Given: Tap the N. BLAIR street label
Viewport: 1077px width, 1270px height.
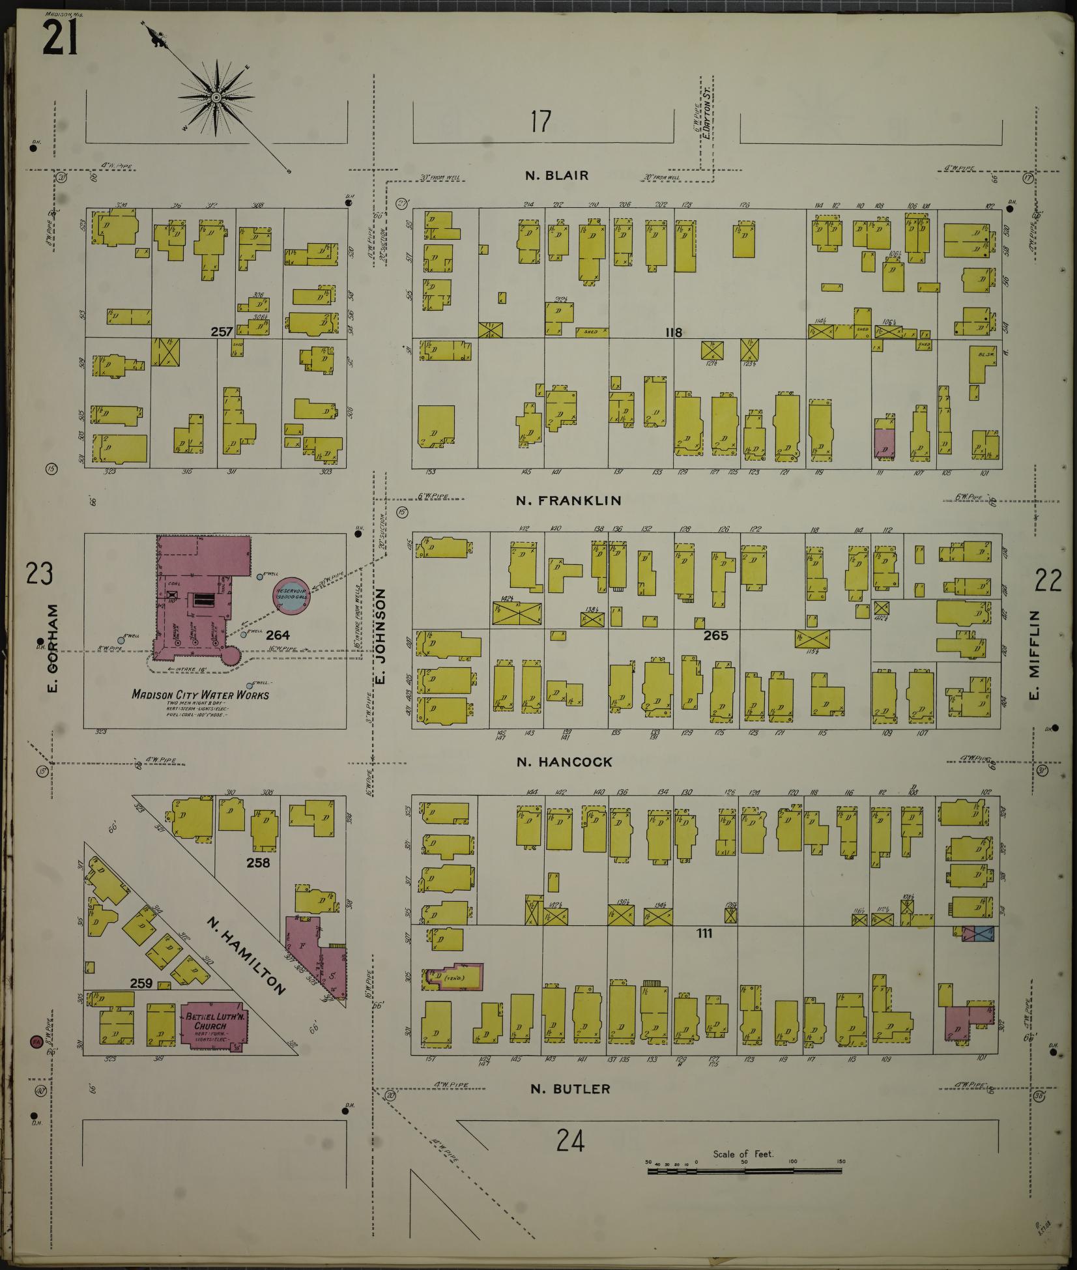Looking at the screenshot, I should point(557,175).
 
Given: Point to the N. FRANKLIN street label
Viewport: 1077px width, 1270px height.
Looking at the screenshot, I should point(568,500).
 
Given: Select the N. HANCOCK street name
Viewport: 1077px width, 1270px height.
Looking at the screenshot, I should point(564,762).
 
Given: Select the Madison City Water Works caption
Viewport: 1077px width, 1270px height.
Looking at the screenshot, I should point(200,695).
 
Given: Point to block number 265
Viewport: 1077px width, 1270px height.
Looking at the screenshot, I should point(715,635).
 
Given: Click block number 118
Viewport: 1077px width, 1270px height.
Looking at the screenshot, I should point(673,332).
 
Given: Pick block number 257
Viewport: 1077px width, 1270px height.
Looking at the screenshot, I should point(222,332).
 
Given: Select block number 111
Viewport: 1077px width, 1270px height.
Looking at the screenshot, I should point(704,933).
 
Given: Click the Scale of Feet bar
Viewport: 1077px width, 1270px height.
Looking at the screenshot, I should point(744,1171).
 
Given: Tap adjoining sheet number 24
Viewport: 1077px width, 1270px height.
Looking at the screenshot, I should point(570,1140).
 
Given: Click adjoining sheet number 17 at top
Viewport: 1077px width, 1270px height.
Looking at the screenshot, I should point(540,121).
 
